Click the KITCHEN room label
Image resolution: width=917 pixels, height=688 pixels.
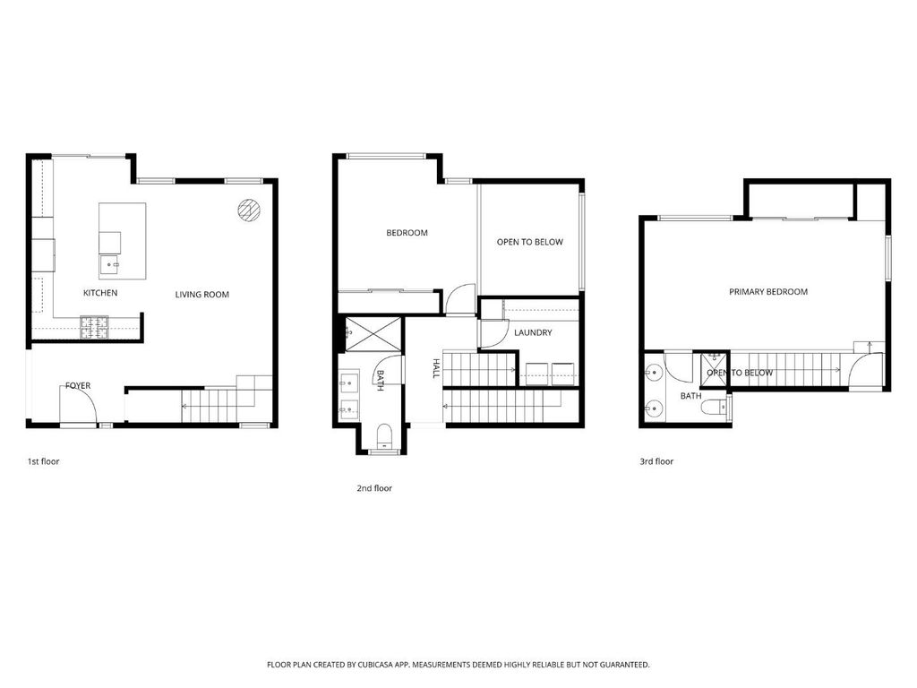tap(100, 293)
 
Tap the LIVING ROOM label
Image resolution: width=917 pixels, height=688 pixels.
tap(201, 294)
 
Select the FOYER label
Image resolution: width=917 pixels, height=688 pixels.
tap(78, 385)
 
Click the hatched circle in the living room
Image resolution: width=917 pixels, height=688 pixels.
tap(249, 210)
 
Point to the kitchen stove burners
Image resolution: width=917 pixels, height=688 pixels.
tap(94, 328)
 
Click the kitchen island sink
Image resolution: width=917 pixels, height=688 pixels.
tap(110, 265)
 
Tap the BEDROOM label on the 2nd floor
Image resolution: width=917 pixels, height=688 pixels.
tap(407, 233)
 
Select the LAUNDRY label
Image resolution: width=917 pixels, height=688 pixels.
tap(533, 332)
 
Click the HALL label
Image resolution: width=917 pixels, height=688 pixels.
tap(436, 368)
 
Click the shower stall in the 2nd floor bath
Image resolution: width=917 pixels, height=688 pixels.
tap(373, 334)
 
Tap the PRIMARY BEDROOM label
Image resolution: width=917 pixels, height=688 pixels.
tap(767, 291)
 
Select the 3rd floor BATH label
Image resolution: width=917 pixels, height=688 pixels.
tap(690, 396)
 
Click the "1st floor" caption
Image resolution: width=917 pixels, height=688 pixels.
tap(43, 461)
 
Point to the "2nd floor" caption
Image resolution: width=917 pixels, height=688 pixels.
tap(374, 488)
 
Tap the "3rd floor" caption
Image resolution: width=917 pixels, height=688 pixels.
tap(656, 461)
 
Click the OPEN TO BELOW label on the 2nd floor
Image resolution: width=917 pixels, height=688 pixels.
tap(530, 242)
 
